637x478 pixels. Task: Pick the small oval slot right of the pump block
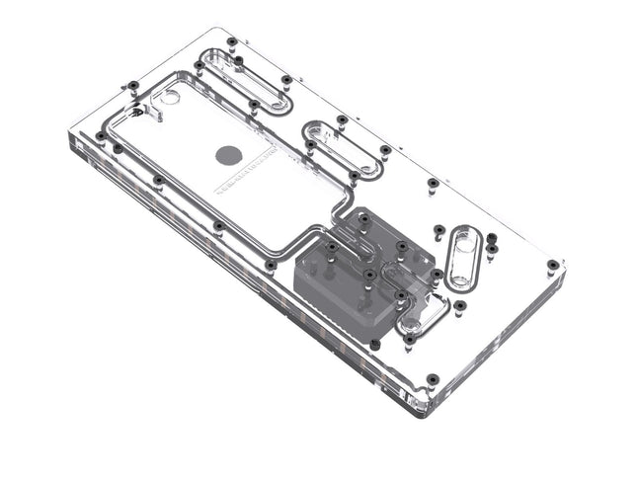coord(463,259)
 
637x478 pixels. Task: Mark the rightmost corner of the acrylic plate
coord(565,265)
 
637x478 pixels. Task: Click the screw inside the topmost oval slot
coord(239,60)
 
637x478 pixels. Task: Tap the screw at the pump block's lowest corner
coord(375,345)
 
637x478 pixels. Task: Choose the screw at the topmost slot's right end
coord(286,79)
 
